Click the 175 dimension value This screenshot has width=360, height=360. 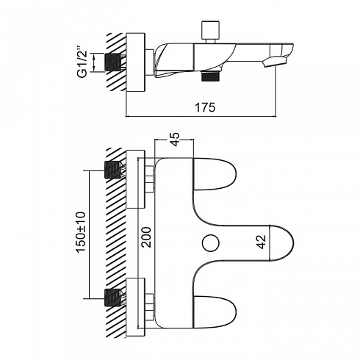pyautogui.click(x=205, y=107)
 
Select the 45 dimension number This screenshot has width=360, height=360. pyautogui.click(x=175, y=140)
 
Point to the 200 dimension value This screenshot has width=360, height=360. pyautogui.click(x=146, y=237)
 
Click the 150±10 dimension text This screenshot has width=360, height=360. pyautogui.click(x=81, y=232)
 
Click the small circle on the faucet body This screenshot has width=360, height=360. pyautogui.click(x=211, y=243)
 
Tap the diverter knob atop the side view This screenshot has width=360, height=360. pyautogui.click(x=211, y=31)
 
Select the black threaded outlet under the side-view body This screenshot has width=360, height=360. pyautogui.click(x=211, y=76)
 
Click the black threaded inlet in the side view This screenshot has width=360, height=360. pyautogui.click(x=113, y=62)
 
